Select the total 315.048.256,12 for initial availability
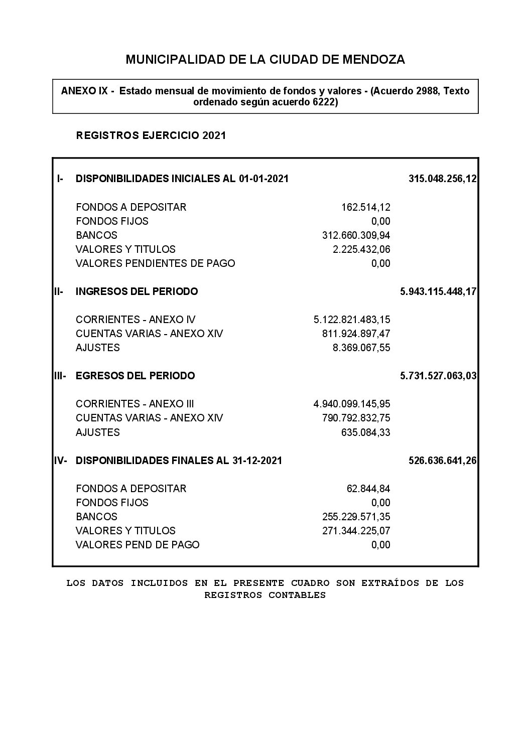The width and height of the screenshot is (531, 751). pos(443,179)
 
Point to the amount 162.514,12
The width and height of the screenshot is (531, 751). pos(365,207)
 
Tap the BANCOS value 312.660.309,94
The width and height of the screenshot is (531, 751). pos(356,235)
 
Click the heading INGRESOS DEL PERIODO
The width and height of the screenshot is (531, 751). pos(137,291)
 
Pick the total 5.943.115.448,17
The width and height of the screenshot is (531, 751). pos(438,291)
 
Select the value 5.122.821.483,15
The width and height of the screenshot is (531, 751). pos(352,320)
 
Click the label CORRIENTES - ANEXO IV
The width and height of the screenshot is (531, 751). pos(136,320)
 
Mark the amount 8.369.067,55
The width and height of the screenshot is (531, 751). pos(361,348)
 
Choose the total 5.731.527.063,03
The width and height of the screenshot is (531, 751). pos(438,376)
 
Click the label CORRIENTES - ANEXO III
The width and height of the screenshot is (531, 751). pos(135,404)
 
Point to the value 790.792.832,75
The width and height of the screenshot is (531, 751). pos(356,418)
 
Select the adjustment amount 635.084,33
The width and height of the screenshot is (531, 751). pos(365,432)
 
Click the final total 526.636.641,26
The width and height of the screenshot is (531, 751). pos(443,461)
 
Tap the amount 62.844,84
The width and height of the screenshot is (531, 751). pos(368,489)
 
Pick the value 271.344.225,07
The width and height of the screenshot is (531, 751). pos(356,531)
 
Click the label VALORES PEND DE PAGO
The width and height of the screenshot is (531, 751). pos(138,545)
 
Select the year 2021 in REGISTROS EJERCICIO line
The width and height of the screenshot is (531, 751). pos(214,135)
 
